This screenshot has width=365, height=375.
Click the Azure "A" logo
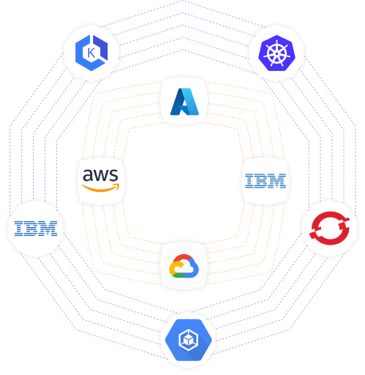184,102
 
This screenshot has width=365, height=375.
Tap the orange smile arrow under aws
101,188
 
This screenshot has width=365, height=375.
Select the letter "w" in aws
100,176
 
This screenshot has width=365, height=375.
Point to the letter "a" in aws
87,176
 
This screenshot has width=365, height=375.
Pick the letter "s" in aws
113,176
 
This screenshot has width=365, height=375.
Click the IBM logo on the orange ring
266,181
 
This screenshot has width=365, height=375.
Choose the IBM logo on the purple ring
36,229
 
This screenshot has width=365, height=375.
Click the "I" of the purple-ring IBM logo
18,229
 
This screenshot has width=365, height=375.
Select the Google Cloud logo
184,266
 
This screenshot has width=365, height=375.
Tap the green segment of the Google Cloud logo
178,275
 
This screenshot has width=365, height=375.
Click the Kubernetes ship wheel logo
276,53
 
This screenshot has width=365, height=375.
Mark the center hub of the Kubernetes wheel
276,53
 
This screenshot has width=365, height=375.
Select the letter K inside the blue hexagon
91,53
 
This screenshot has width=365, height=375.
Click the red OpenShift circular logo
329,229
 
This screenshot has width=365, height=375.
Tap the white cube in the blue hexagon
188,340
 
